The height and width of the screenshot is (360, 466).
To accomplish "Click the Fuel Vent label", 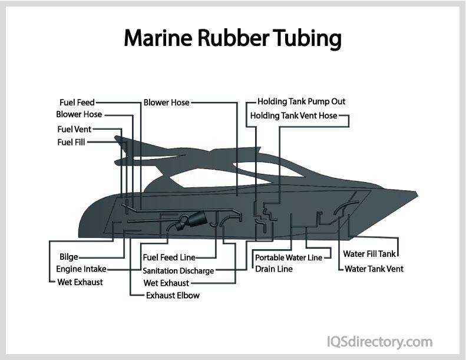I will click(74, 129).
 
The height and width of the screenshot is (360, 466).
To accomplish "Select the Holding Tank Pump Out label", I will click(301, 102).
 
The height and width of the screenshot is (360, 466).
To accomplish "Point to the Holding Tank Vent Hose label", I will click(294, 115).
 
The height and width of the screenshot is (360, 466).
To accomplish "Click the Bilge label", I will click(68, 257).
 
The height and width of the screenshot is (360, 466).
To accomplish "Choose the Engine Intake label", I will click(81, 269).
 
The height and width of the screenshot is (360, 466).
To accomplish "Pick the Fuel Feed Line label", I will click(169, 257).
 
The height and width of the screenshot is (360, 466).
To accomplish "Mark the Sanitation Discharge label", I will click(178, 271).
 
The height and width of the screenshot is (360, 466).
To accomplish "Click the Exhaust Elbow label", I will click(173, 295).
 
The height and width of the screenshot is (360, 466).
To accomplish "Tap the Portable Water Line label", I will click(288, 257).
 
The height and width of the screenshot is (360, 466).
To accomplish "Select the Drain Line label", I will click(273, 269).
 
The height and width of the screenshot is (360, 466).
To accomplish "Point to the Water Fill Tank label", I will click(370, 255).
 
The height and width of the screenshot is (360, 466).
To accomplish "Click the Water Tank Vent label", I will click(374, 269).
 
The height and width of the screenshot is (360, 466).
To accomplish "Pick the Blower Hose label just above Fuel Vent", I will click(79, 114).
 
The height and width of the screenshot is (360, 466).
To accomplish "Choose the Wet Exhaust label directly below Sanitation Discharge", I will click(167, 283).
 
